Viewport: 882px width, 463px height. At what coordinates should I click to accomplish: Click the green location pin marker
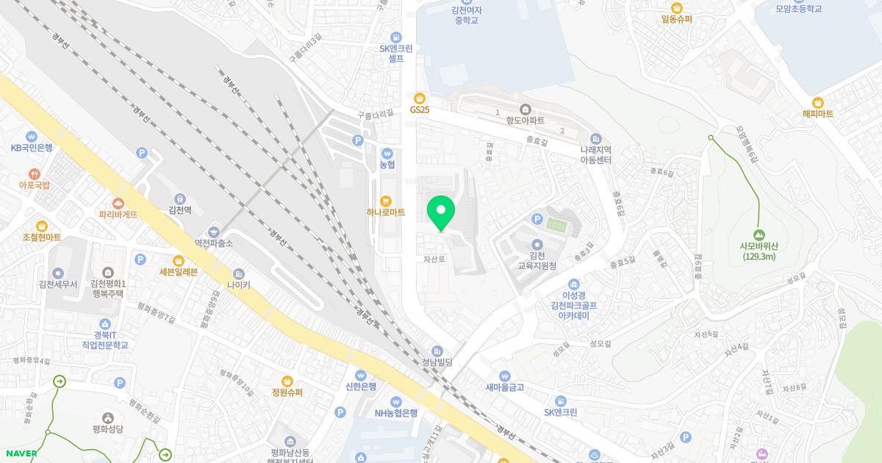click(x=441, y=212)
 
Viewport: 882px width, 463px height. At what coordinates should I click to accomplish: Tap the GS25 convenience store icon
click(x=420, y=98)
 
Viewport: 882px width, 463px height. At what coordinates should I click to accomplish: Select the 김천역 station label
click(x=180, y=209)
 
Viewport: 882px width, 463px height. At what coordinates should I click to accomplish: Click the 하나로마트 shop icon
click(x=386, y=201)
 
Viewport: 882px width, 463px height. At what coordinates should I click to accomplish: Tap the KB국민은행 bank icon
click(x=32, y=136)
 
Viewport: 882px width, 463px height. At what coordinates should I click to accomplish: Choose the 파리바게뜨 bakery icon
click(x=118, y=203)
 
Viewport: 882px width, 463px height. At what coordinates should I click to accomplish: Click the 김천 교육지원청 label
click(x=537, y=259)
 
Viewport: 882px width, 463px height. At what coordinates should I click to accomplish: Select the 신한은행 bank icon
click(x=361, y=375)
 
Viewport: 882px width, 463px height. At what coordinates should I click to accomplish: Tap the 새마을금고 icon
click(x=504, y=376)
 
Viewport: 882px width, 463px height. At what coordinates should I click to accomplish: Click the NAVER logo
click(x=21, y=453)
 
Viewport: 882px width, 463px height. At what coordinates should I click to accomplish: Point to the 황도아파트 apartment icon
click(x=525, y=109)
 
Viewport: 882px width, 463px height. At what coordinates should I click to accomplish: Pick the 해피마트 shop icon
click(x=817, y=103)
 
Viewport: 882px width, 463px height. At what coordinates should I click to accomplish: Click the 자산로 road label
click(x=434, y=259)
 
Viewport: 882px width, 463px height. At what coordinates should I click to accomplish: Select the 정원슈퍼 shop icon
click(x=287, y=381)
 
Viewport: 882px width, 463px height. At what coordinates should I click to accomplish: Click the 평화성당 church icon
click(x=108, y=417)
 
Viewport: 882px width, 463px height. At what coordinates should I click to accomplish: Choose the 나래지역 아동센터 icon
click(x=595, y=139)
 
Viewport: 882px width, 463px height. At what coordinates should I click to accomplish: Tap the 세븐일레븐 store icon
click(x=178, y=260)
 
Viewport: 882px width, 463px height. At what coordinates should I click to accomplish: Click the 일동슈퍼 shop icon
click(x=676, y=7)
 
